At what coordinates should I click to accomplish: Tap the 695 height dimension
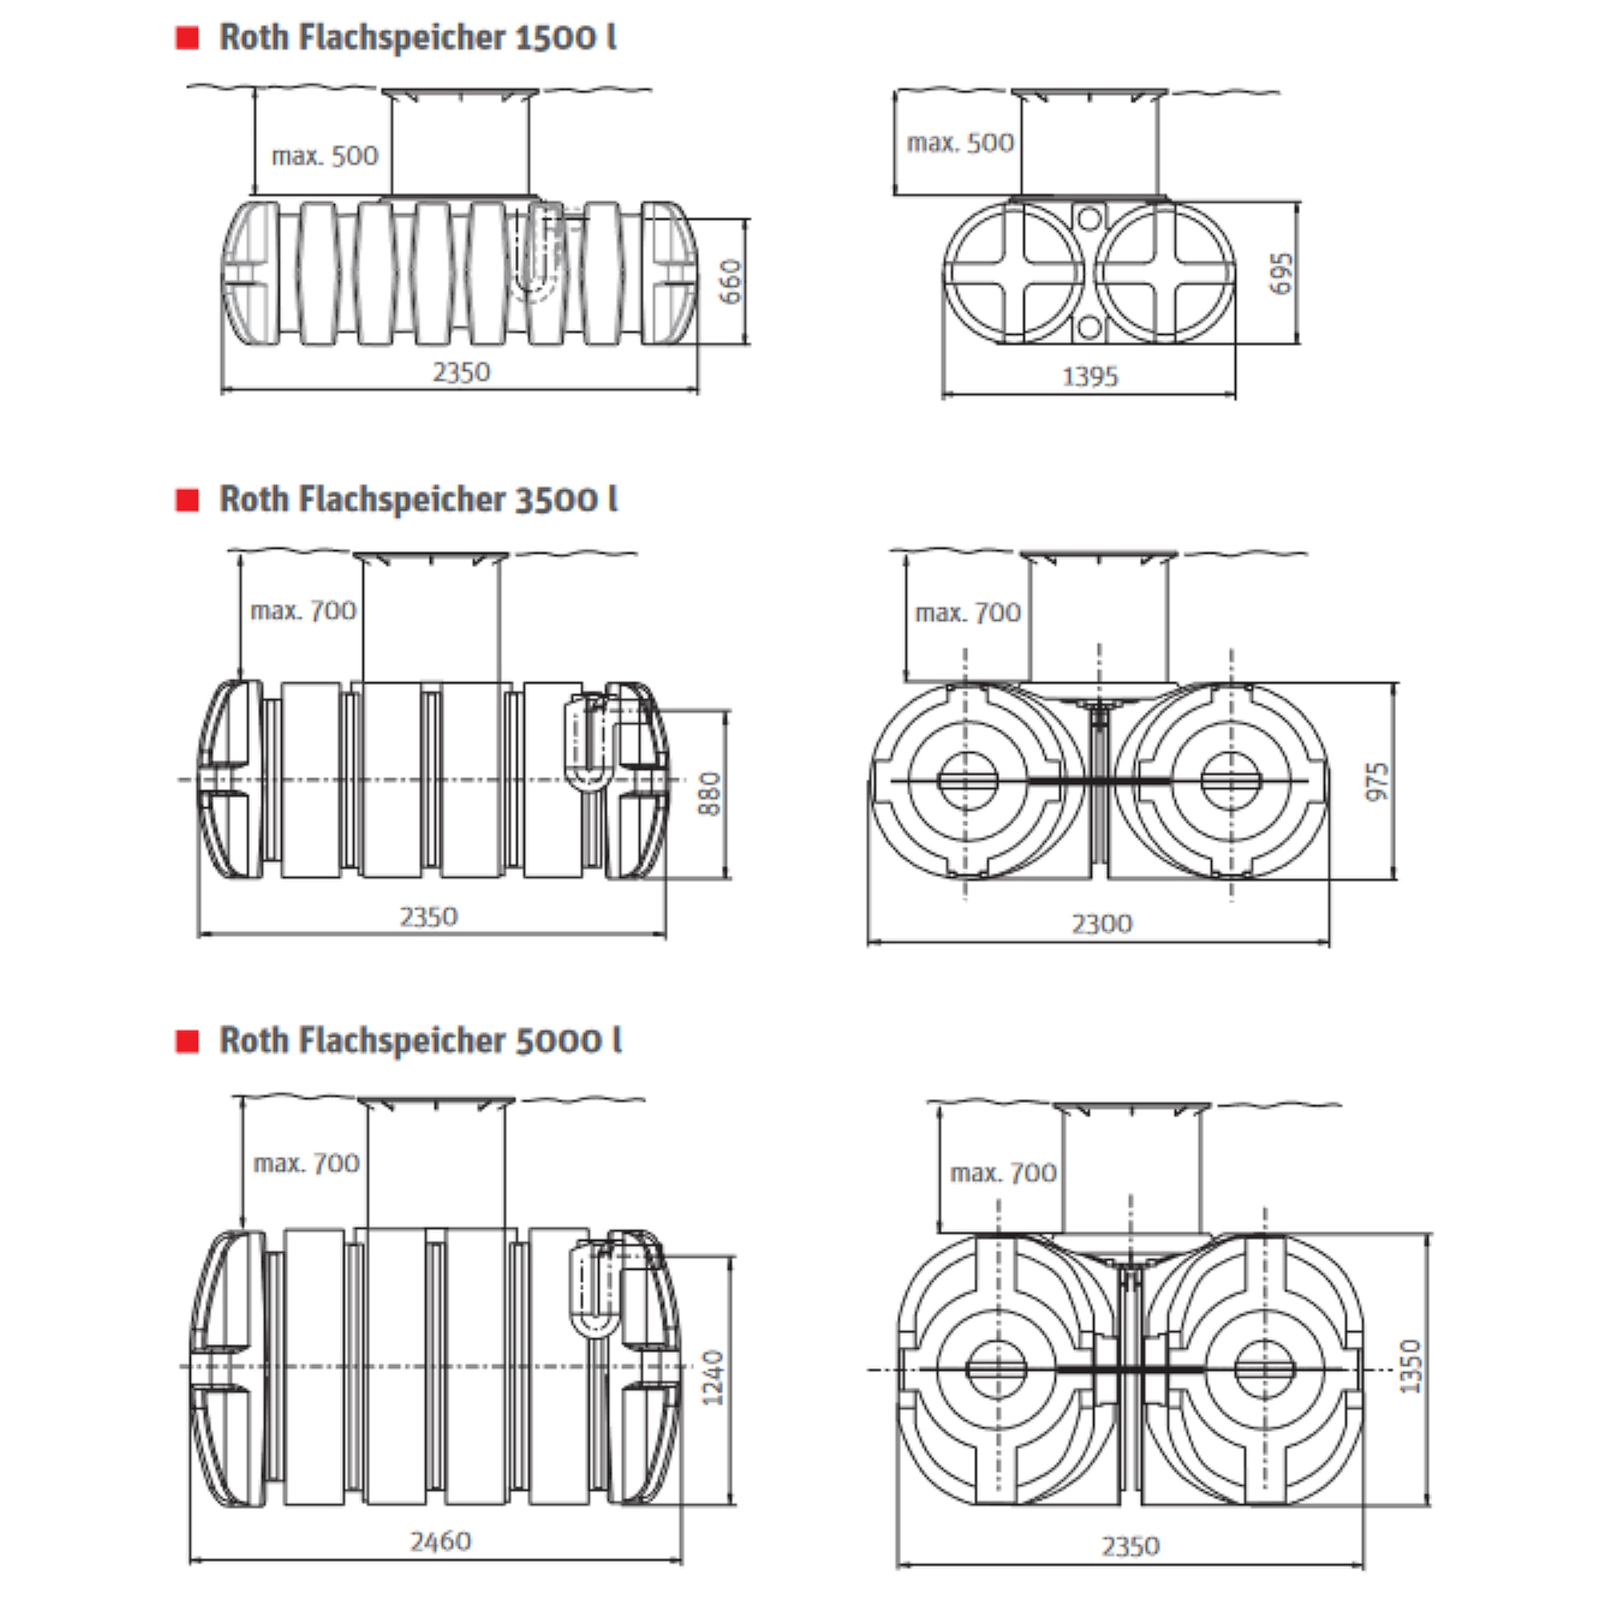[x=1282, y=273]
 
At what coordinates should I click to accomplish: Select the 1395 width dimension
[x=1090, y=377]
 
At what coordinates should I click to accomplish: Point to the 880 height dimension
[x=710, y=794]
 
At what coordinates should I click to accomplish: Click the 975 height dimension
[x=1376, y=781]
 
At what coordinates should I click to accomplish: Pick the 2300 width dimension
[x=1101, y=924]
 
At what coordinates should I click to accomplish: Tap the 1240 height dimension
[x=713, y=1378]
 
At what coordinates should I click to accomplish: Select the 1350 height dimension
[x=1411, y=1367]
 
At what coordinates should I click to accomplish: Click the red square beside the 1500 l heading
[x=187, y=38]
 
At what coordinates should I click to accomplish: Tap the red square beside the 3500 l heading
[x=187, y=500]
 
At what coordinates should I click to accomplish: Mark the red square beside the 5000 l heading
[x=187, y=1041]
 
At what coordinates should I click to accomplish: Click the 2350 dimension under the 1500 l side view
[x=461, y=372]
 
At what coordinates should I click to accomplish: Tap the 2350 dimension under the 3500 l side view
[x=428, y=917]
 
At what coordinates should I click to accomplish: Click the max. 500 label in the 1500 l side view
[x=324, y=156]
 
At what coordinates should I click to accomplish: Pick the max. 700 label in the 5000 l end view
[x=1004, y=1173]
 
